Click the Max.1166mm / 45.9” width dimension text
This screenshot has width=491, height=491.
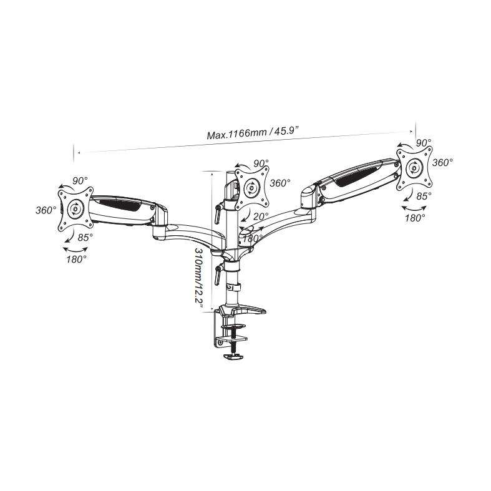(x=253, y=132)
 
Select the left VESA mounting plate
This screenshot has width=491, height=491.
(x=75, y=209)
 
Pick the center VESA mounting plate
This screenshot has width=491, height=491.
(x=252, y=188)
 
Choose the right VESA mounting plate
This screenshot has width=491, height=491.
(x=414, y=168)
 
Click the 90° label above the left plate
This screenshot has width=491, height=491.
(x=80, y=181)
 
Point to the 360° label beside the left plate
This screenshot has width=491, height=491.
(x=46, y=210)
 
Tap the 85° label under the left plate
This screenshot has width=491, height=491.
(x=85, y=237)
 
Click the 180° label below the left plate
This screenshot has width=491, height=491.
(x=76, y=260)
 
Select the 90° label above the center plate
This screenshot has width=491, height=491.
(x=261, y=163)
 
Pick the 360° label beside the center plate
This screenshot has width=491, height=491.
(x=280, y=183)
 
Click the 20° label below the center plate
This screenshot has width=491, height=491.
(x=261, y=216)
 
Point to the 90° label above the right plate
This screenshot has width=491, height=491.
(x=424, y=143)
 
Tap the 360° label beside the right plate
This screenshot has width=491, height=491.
(x=442, y=162)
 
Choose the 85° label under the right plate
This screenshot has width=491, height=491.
(x=424, y=196)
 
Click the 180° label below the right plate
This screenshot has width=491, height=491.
(x=415, y=218)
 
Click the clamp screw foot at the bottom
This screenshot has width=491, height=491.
(x=234, y=356)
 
